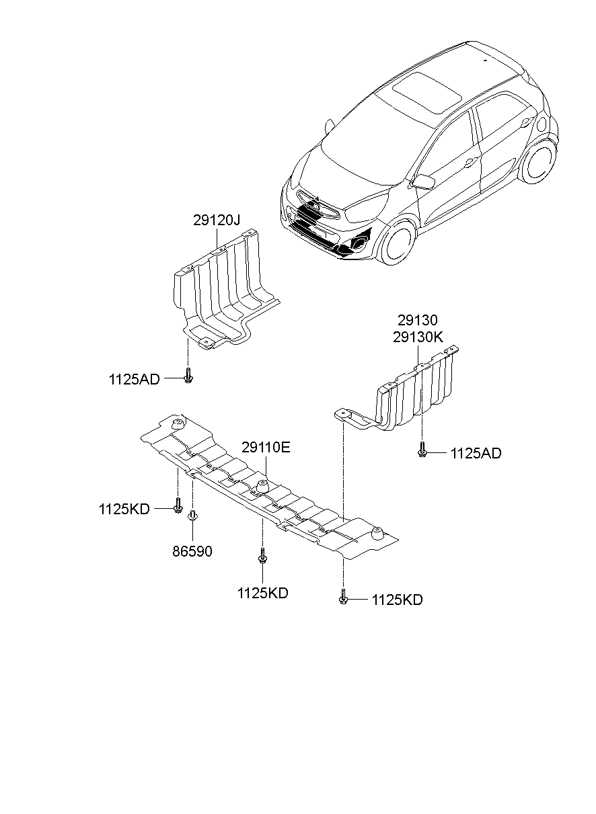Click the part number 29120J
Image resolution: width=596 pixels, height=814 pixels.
point(217,220)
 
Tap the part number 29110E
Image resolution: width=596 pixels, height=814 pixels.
point(266,447)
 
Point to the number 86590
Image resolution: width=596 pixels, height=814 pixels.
point(192,551)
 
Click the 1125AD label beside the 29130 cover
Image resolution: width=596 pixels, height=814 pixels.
point(476,454)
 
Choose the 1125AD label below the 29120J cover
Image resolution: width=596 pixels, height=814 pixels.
point(135,379)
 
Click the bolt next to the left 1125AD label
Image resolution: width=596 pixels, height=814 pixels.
point(188,376)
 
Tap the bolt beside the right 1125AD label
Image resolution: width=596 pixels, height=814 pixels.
point(422,449)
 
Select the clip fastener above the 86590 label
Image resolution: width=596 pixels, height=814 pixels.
point(193,516)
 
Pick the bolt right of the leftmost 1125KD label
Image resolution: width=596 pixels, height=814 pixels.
point(178,505)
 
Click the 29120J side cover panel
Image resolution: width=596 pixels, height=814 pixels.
point(222,289)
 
